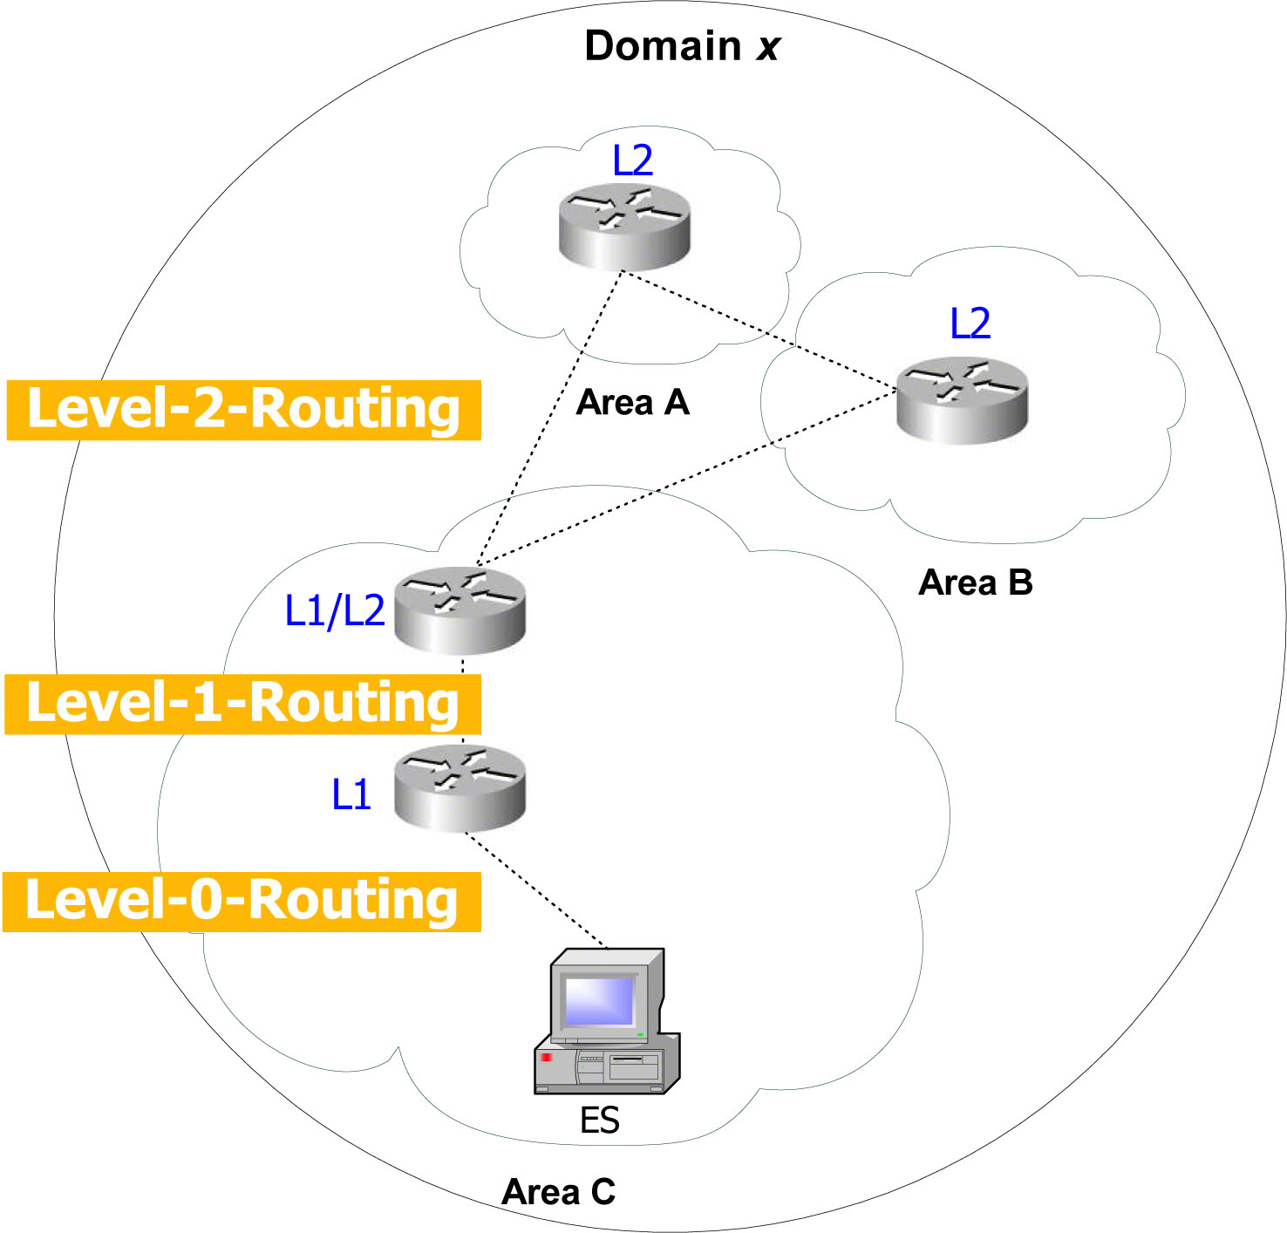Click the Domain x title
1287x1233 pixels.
pos(682,46)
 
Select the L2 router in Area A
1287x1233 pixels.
pos(624,226)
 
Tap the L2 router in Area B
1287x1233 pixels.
pos(963,400)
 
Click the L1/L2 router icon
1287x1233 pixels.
pos(460,610)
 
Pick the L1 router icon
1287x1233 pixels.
pos(460,788)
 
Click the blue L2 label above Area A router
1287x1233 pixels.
pos(633,160)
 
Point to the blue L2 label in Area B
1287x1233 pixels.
pos(970,324)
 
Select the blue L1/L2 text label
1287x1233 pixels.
pos(335,610)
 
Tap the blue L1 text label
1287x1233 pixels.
pos(352,794)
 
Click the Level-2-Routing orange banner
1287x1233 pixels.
pos(244,410)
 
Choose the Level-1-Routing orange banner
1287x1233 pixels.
pos(243,704)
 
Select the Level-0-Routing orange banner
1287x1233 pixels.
pos(242,901)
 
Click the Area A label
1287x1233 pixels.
pos(633,403)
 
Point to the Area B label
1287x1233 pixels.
pos(976,582)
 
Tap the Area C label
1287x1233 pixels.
pos(559,1192)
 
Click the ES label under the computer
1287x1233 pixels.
pos(600,1121)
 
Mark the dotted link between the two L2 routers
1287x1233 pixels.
pos(759,330)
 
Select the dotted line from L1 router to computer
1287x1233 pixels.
pos(535,889)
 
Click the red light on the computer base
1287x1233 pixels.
pos(547,1057)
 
